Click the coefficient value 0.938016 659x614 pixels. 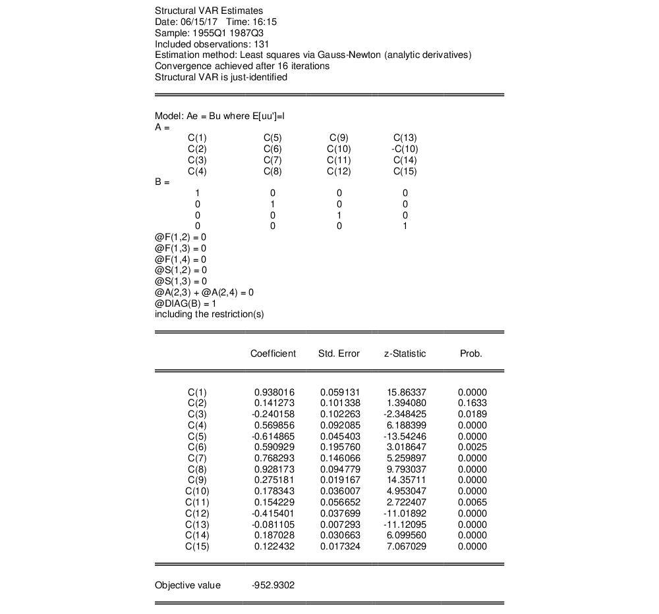coord(274,392)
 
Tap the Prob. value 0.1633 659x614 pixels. coord(472,403)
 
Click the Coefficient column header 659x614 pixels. coord(273,353)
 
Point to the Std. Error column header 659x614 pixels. coord(339,353)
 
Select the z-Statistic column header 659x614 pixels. coord(405,353)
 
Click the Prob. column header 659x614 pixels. coord(471,353)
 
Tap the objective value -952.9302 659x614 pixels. coord(273,585)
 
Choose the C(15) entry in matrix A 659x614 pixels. coord(405,172)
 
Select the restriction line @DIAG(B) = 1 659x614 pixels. coord(188,303)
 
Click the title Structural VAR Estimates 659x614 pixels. coord(208,11)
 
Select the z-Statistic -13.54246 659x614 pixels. coord(405,436)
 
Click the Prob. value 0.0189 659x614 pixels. coord(472,415)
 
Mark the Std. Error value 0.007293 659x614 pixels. coord(340,524)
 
